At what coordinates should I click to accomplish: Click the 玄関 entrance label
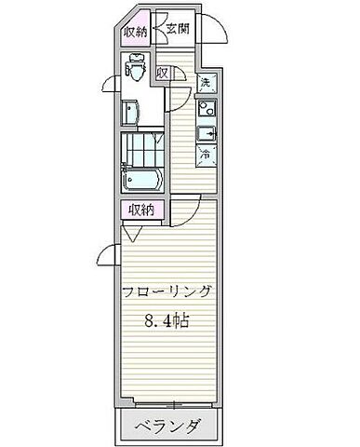click(x=179, y=29)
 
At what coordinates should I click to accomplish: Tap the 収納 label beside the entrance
click(x=136, y=31)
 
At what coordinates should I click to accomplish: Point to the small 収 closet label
click(x=162, y=74)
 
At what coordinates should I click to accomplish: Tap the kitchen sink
click(x=207, y=132)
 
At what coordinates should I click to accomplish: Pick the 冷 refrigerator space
click(x=207, y=155)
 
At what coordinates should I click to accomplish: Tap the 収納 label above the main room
click(x=140, y=210)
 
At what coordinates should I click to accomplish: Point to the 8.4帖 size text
click(x=167, y=321)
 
